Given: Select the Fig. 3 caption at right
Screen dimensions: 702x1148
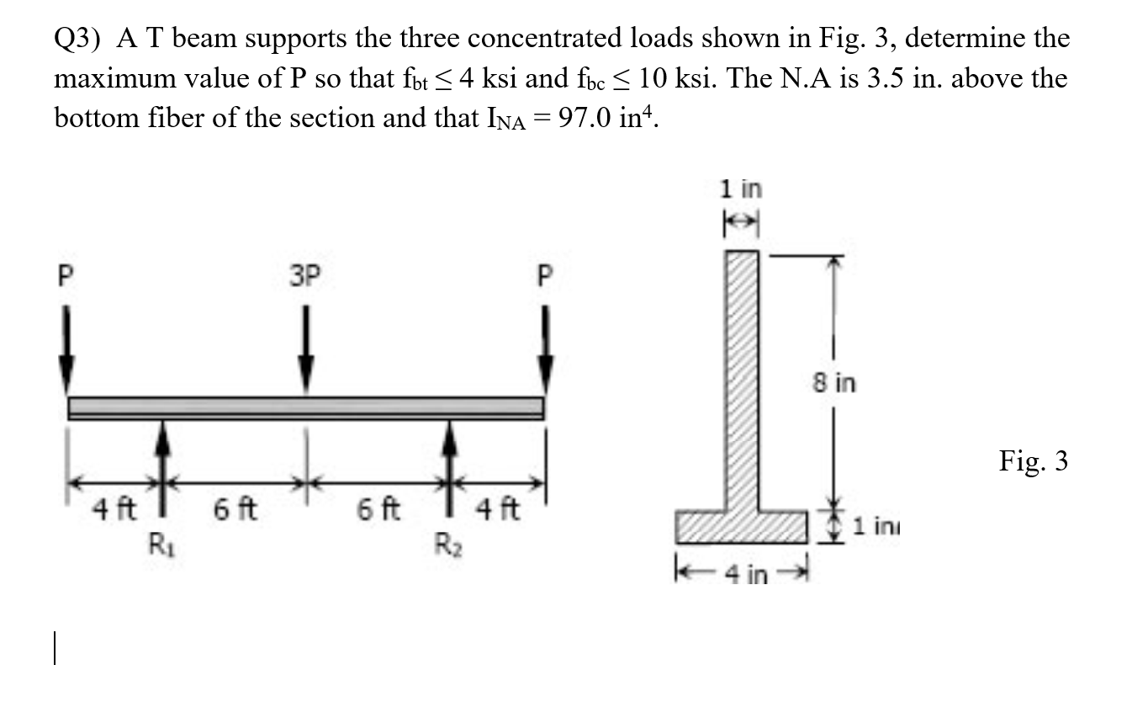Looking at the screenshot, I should [x=1034, y=461].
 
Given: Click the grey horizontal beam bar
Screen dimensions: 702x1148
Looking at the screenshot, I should [x=306, y=407].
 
